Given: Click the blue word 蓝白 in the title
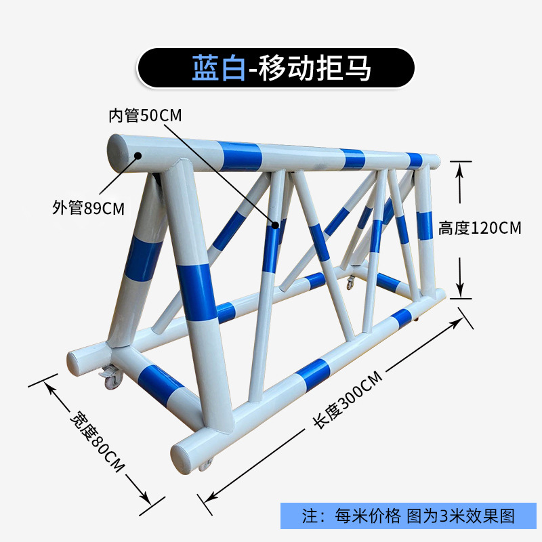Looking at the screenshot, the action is click(217, 68).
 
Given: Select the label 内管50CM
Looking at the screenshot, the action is click(145, 115).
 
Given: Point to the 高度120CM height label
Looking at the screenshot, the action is click(480, 228).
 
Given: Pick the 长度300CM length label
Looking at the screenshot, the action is click(347, 400).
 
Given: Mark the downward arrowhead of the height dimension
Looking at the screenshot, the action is click(461, 291).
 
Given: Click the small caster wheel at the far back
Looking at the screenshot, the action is click(350, 283).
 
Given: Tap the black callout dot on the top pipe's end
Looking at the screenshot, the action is click(138, 155).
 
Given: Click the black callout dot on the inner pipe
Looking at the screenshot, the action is click(276, 224).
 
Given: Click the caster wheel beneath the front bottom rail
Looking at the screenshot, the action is click(205, 464).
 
